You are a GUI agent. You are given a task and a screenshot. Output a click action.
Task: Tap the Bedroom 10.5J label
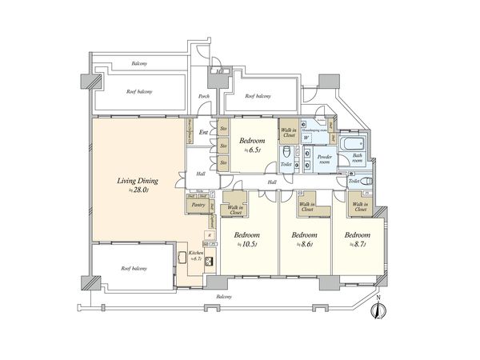point(245,239)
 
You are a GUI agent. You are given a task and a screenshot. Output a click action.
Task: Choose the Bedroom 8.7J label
point(356,239)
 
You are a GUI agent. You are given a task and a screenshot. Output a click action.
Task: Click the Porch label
point(204,98)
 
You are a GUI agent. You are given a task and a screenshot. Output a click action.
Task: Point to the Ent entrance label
point(203,132)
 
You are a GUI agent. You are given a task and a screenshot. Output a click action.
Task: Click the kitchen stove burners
point(210,261)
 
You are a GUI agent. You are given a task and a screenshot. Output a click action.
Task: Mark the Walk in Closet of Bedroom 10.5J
point(235,207)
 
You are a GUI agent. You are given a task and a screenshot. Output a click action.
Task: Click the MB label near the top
point(219,72)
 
